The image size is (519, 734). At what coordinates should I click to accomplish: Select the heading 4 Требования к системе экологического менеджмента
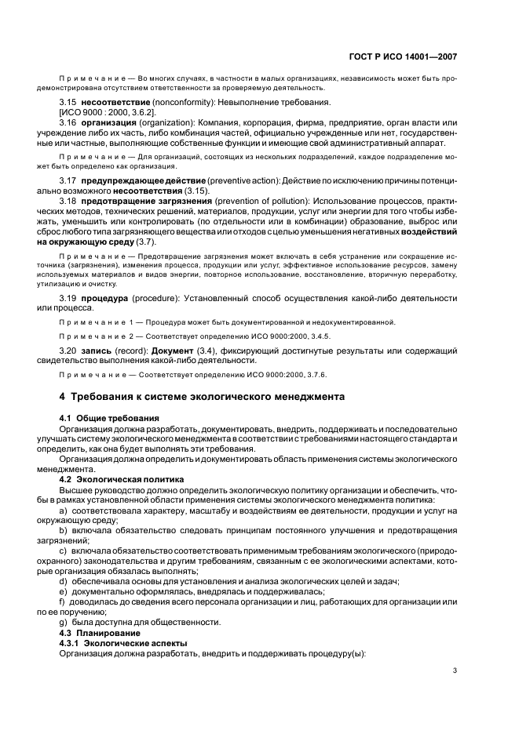(202, 397)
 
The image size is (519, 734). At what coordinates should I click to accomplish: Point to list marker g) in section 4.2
(64, 622)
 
